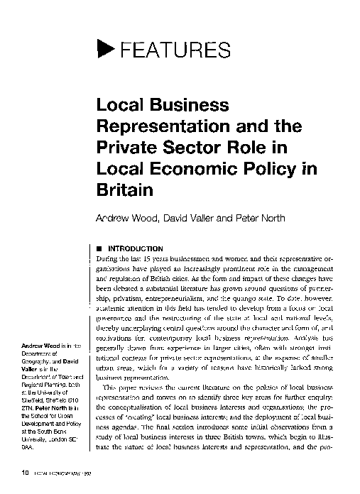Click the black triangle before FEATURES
point(104,49)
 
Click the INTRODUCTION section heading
point(135,249)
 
